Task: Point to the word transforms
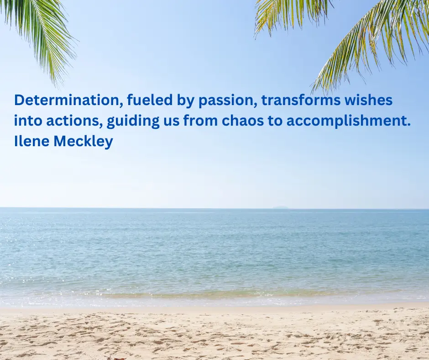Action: [301, 100]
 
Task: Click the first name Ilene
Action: [32, 141]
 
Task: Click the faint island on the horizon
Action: [280, 207]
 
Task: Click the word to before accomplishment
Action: [273, 121]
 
